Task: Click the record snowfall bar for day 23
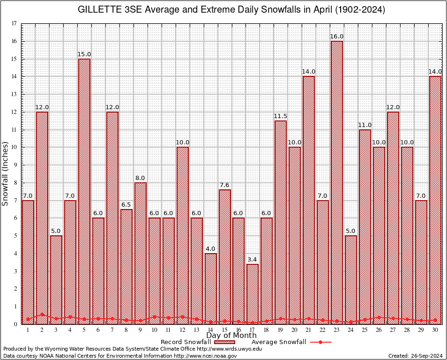pos(337,183)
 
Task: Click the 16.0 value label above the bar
pos(337,37)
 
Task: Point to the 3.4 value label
pos(253,260)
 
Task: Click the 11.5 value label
pos(281,116)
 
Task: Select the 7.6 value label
pos(224,185)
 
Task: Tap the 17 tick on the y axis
pos(14,23)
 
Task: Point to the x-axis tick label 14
pos(210,330)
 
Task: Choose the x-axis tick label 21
pos(309,330)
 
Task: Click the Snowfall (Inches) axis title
pos(6,173)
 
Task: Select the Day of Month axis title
pos(231,336)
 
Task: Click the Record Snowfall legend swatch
pos(224,342)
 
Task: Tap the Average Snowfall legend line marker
pos(320,342)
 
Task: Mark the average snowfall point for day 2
pos(42,315)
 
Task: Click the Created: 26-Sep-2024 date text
pos(415,356)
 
